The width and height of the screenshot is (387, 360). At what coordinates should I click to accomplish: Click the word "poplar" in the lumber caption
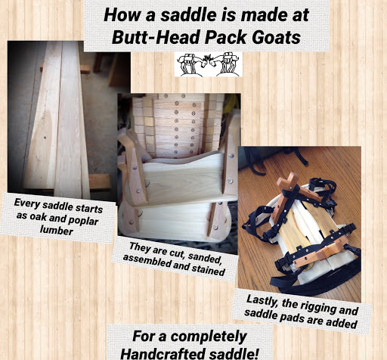[x=83, y=220]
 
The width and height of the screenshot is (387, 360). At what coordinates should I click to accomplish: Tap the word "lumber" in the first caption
[x=57, y=230]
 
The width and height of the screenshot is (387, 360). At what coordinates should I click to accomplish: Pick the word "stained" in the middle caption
[x=208, y=269]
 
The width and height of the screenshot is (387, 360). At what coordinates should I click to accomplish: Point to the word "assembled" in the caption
[x=145, y=261]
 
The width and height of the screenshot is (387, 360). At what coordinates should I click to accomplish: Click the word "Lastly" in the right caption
[x=262, y=301]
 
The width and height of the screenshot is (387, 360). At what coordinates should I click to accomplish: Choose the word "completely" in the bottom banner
[x=209, y=337]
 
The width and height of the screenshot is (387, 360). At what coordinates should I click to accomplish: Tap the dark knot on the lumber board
[x=45, y=138]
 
